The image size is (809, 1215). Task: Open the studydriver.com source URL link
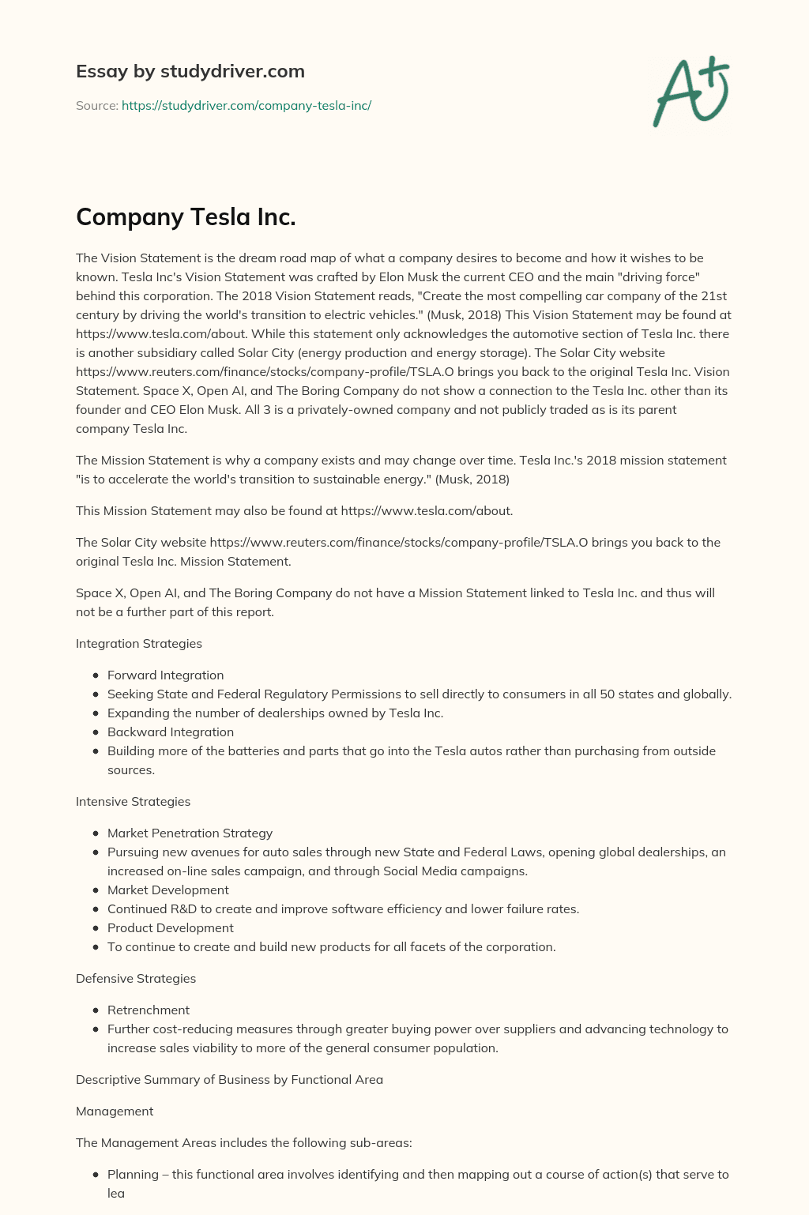tap(246, 105)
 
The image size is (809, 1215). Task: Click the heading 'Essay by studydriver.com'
tap(190, 71)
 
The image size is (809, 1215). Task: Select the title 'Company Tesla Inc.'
tap(186, 216)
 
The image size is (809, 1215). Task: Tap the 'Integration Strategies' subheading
tap(139, 643)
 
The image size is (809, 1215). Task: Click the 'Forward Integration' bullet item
tap(165, 675)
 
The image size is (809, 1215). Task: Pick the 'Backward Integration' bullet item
tap(170, 732)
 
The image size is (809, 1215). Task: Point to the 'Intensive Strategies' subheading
tap(133, 801)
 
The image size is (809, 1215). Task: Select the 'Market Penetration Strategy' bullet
tap(190, 833)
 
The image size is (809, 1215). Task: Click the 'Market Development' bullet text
tap(167, 890)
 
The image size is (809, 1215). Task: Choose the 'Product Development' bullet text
tap(170, 927)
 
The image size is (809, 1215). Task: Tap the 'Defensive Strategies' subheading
tap(136, 978)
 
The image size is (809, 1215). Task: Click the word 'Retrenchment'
tap(149, 1010)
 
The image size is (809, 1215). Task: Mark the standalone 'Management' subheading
tap(115, 1111)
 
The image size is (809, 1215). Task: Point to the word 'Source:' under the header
tap(96, 105)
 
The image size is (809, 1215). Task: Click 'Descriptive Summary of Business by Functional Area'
tap(229, 1079)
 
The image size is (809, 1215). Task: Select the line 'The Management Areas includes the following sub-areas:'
tap(243, 1142)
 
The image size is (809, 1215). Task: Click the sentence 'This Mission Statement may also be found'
tap(294, 510)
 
